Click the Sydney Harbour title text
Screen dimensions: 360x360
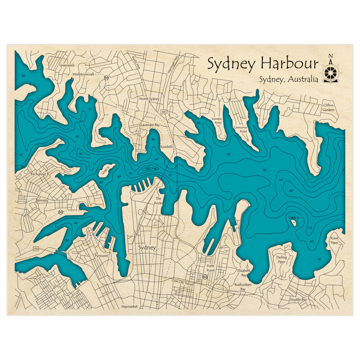pyautogui.click(x=263, y=64)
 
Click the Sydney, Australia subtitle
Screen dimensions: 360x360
pyautogui.click(x=288, y=80)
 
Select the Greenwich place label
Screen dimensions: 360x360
pyautogui.click(x=67, y=66)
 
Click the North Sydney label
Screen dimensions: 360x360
pyautogui.click(x=149, y=99)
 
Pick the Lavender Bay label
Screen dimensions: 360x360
pyautogui.click(x=150, y=125)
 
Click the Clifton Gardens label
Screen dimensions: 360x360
pyautogui.click(x=328, y=107)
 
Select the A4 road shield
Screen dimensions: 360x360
pyautogui.click(x=36, y=249)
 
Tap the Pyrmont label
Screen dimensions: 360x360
pyautogui.click(x=101, y=256)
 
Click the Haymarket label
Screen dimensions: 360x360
pyautogui.click(x=130, y=307)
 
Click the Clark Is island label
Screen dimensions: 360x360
pyautogui.click(x=293, y=217)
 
